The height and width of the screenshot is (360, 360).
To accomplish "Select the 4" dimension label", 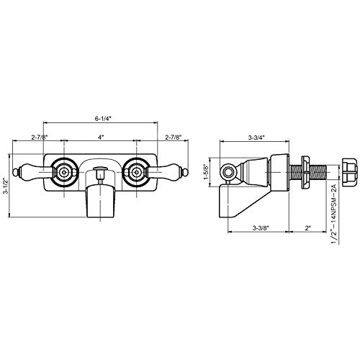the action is pos(101,137).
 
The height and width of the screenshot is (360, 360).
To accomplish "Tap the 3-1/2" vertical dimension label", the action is pos(6,186).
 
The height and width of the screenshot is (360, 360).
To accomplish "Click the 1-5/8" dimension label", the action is pos(206,172).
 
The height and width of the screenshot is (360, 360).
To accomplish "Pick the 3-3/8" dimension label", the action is pos(261,228).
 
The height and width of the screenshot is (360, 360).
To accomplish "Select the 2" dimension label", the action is pos(308,228).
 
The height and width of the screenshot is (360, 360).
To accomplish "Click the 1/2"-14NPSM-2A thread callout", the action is pos(334,214).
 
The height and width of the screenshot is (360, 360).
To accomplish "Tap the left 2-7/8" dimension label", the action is pos(40,137).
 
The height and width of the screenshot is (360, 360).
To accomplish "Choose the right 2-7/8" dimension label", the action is pos(174,137).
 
